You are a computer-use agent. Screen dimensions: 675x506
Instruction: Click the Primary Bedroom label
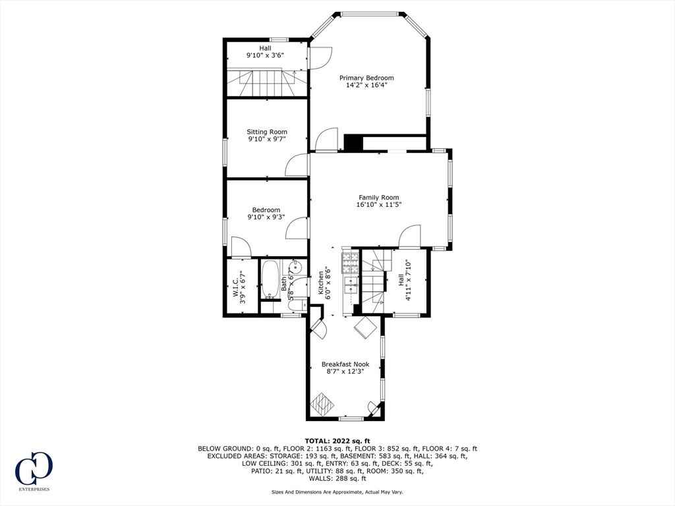coord(367,78)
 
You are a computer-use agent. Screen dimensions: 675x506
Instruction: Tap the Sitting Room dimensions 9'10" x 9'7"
coord(267,139)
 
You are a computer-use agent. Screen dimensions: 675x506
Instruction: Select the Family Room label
coord(379,198)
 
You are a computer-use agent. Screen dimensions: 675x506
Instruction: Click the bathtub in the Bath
coord(270,279)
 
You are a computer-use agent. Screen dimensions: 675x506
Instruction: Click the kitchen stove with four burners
coord(351,263)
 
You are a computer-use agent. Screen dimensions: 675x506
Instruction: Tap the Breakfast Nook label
coord(345,364)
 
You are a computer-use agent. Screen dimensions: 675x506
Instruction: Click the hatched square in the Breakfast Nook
coord(323,403)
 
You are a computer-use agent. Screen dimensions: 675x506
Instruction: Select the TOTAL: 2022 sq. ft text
coord(337,441)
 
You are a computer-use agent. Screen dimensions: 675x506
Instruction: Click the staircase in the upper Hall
coord(268,82)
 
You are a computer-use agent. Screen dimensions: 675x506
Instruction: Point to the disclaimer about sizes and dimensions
coord(337,492)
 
